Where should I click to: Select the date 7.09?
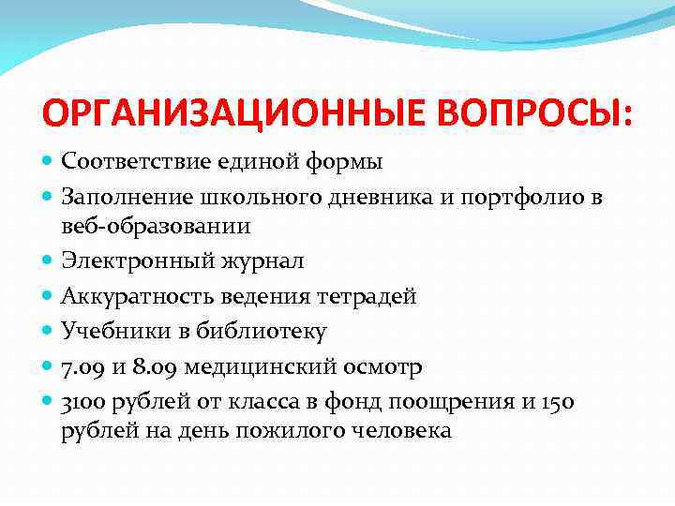pyautogui.click(x=81, y=365)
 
